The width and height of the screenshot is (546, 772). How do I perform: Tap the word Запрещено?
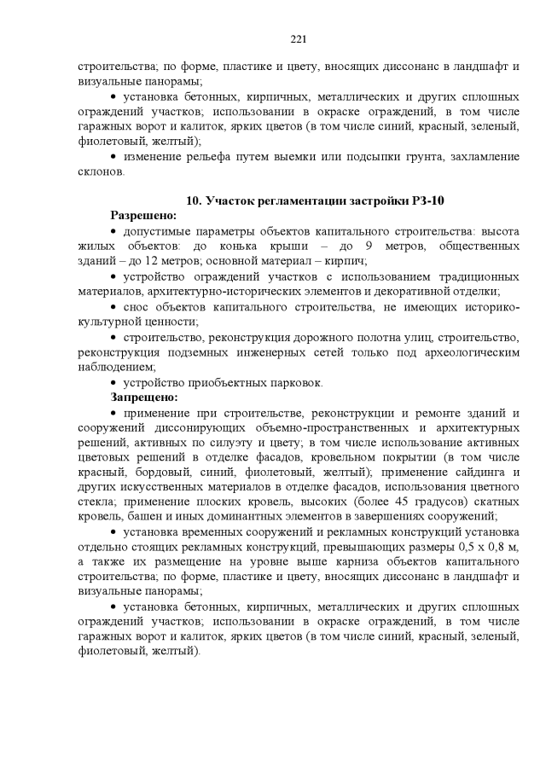143,397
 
